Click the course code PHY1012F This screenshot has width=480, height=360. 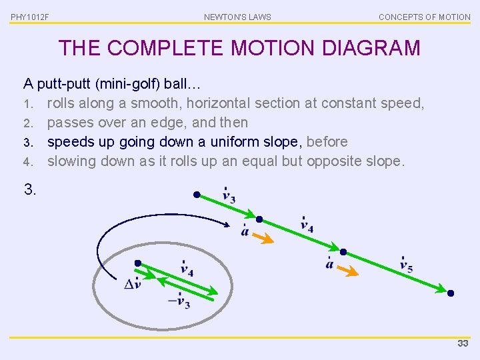click(x=30, y=17)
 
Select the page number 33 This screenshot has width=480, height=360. click(x=463, y=343)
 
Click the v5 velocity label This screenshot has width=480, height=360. click(x=405, y=265)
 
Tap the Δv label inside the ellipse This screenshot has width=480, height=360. click(x=133, y=284)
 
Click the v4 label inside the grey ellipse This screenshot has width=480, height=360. click(x=187, y=270)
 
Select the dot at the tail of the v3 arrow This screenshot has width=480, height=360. click(x=197, y=195)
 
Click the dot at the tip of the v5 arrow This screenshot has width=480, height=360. click(x=451, y=293)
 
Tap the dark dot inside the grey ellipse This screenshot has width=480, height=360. click(x=137, y=263)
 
